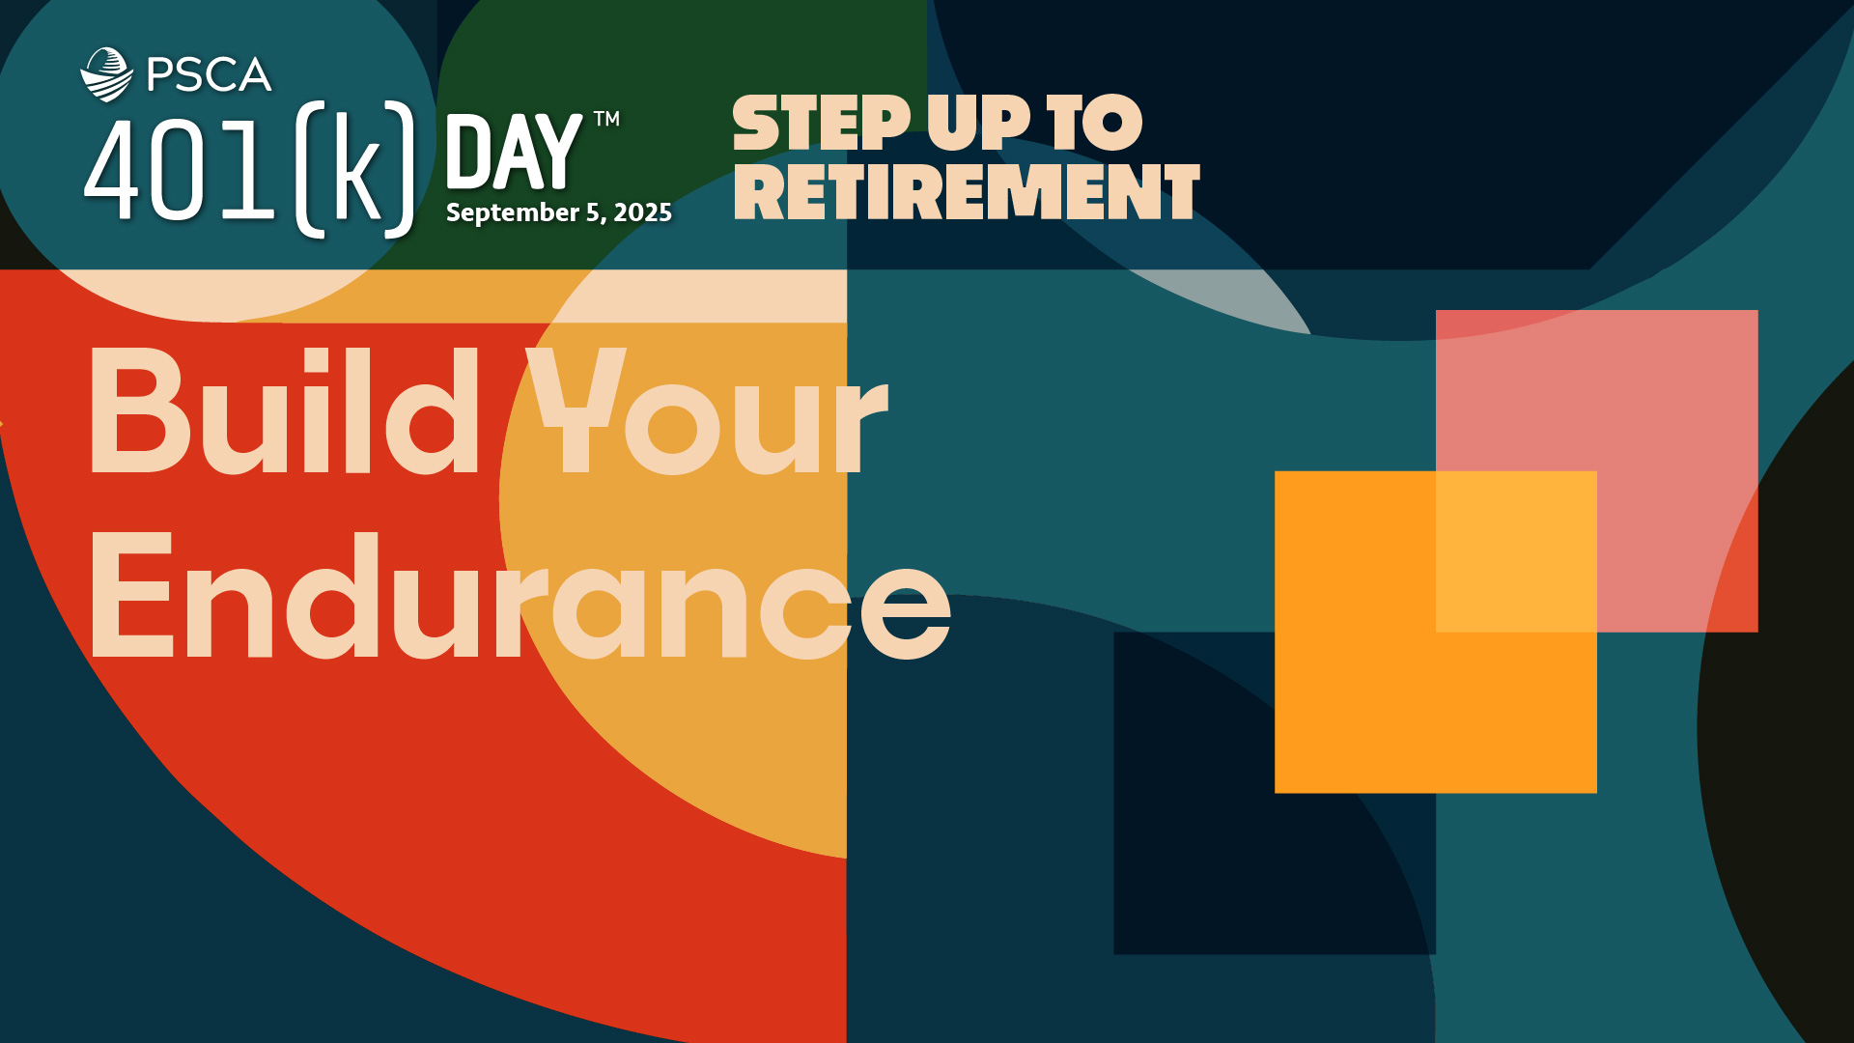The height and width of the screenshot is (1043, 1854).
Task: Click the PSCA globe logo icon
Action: tap(106, 74)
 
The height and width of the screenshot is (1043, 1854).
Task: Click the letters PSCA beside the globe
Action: tap(210, 75)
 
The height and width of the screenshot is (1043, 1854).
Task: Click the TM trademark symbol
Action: tap(606, 119)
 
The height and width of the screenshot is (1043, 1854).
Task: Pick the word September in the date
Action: tap(513, 213)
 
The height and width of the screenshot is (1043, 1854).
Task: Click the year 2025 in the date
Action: tap(643, 212)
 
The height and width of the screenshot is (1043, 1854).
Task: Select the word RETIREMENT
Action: tap(967, 191)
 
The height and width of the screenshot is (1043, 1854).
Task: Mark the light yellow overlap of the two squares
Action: tap(1516, 551)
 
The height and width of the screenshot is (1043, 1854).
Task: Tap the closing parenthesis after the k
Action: tap(401, 169)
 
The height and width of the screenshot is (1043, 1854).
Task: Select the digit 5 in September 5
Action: tap(593, 212)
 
